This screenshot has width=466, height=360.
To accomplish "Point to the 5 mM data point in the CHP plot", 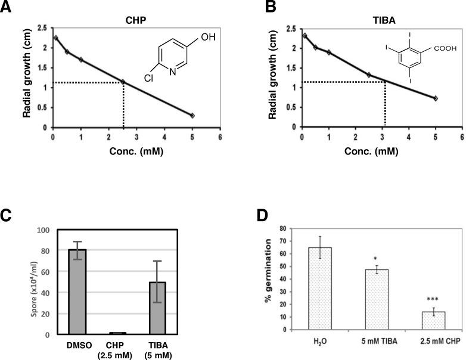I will point(192,115).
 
